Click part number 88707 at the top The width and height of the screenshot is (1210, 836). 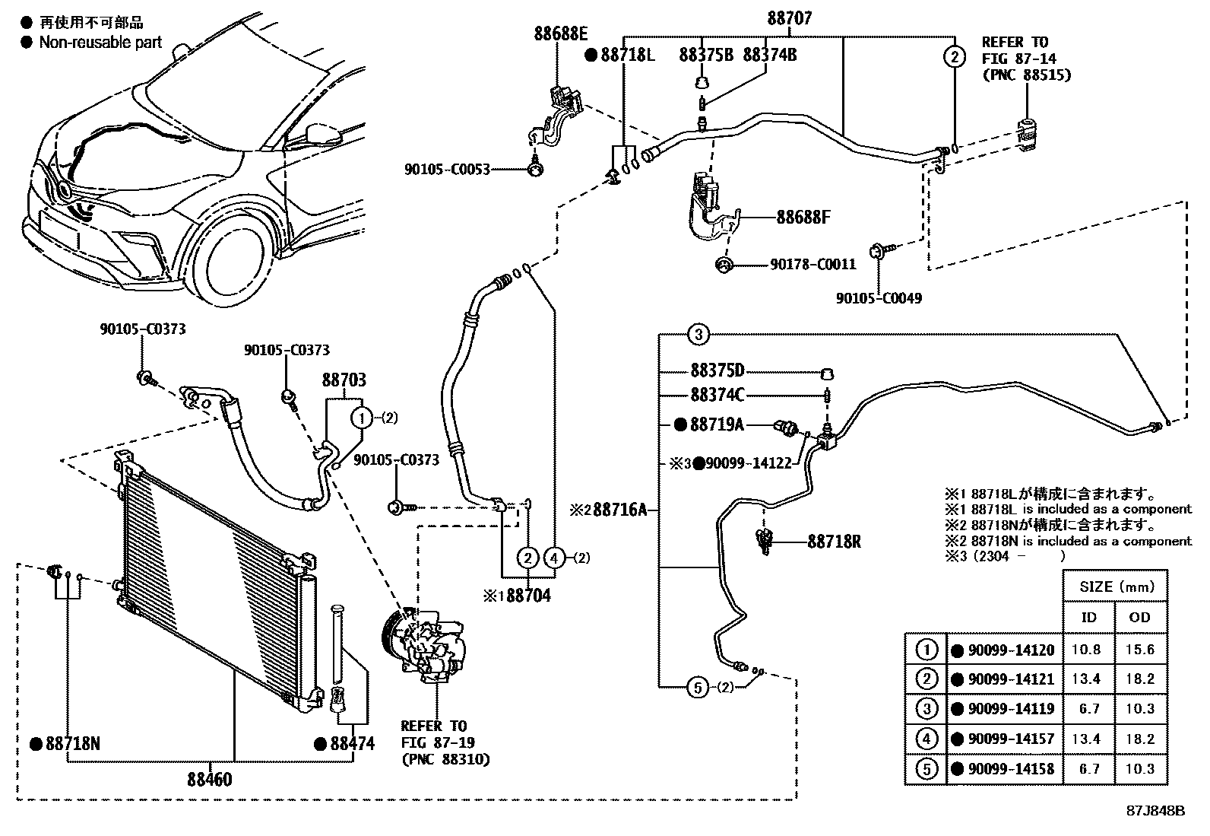pyautogui.click(x=789, y=18)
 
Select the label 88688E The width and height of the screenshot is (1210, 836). pyautogui.click(x=561, y=33)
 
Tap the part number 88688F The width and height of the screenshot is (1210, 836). pyautogui.click(x=803, y=218)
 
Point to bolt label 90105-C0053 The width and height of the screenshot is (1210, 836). pyautogui.click(x=447, y=170)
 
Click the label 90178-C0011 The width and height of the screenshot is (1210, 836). pyautogui.click(x=812, y=265)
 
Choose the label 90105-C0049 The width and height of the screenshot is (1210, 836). pyautogui.click(x=879, y=298)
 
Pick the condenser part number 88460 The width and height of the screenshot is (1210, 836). pyautogui.click(x=210, y=779)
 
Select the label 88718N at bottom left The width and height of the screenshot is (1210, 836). pyautogui.click(x=72, y=744)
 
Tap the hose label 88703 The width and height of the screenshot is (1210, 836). pyautogui.click(x=344, y=380)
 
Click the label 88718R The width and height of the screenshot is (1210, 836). pyautogui.click(x=834, y=542)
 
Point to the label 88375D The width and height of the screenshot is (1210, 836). pyautogui.click(x=717, y=371)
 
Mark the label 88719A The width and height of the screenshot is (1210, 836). pyautogui.click(x=716, y=424)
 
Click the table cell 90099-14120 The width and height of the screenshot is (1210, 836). pyautogui.click(x=1011, y=650)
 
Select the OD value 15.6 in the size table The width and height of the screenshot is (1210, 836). pyautogui.click(x=1140, y=650)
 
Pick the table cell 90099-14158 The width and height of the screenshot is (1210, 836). pyautogui.click(x=1011, y=769)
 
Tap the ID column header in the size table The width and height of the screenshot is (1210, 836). pyautogui.click(x=1088, y=618)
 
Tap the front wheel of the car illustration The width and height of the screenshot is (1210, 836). pyautogui.click(x=232, y=262)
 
